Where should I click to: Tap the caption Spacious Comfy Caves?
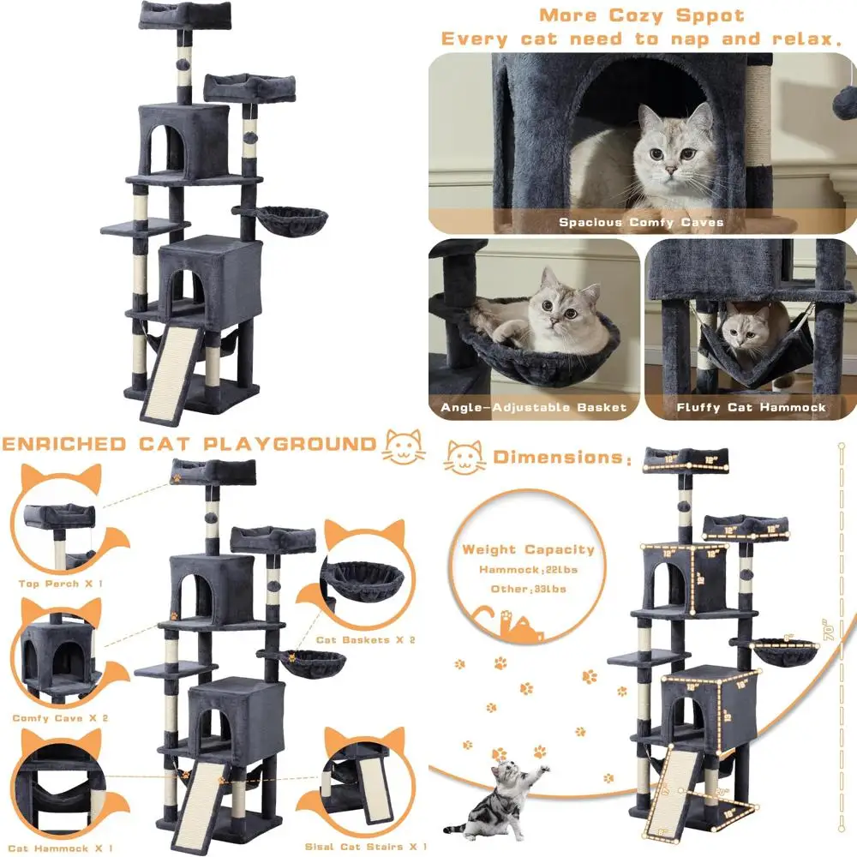point(641,222)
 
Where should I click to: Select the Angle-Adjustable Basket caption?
point(534,407)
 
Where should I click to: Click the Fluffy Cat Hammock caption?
point(751,407)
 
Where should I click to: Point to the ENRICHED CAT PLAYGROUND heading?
point(189,444)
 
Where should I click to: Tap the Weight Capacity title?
point(528,549)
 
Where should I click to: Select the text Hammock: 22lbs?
point(522,570)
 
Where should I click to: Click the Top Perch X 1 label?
point(60,584)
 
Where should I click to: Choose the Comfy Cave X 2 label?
point(60,717)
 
